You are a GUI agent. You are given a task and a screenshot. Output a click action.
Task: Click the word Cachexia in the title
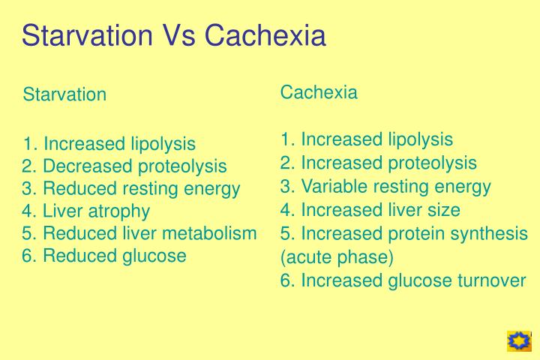265,36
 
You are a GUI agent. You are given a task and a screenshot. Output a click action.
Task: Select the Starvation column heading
64,94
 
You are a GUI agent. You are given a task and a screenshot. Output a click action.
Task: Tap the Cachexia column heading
319,92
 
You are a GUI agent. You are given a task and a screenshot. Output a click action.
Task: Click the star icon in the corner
518,341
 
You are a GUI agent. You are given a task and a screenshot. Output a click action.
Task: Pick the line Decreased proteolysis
124,166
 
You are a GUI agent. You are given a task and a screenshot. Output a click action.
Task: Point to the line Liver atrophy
86,211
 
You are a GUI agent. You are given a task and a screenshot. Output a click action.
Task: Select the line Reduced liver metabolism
139,233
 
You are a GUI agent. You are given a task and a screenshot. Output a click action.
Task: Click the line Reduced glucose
104,256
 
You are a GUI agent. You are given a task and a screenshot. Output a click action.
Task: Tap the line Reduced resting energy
131,188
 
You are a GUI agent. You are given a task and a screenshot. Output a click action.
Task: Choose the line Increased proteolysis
379,163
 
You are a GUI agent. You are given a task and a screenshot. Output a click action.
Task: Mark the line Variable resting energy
385,187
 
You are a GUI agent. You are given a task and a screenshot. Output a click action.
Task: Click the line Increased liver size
370,209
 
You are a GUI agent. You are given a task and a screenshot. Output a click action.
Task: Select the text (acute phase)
337,257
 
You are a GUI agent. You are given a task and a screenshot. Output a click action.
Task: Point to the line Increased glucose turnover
403,280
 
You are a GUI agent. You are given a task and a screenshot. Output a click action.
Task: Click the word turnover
490,280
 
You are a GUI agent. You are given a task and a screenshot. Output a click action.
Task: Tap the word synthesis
493,234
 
